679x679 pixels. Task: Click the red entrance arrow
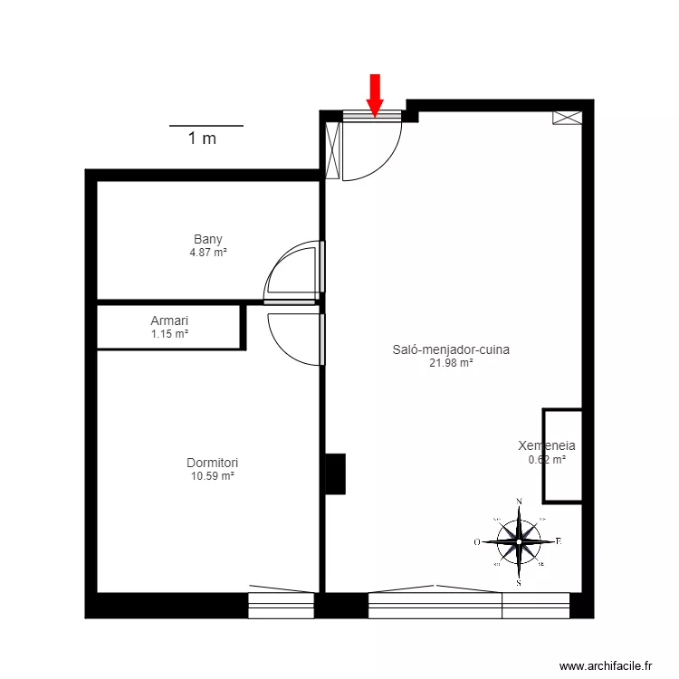(x=375, y=93)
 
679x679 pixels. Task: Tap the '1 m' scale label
(x=202, y=139)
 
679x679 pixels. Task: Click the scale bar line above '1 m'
(x=206, y=125)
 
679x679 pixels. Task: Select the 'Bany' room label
(x=207, y=240)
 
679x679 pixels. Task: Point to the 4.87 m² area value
(x=207, y=253)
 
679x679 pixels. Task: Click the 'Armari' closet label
(x=169, y=320)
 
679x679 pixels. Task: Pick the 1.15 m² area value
(x=169, y=333)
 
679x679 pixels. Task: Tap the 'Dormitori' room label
(x=213, y=463)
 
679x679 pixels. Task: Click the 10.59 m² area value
(x=213, y=475)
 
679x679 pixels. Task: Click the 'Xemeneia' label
(x=547, y=446)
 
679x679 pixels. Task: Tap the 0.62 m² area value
(x=547, y=460)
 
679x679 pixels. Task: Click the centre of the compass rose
(x=519, y=541)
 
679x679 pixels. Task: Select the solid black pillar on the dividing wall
(x=335, y=473)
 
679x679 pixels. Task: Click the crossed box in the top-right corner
(x=568, y=118)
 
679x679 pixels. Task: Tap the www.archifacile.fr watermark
(x=606, y=665)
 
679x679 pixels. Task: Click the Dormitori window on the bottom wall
(x=281, y=605)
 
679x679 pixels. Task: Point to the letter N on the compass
(x=519, y=501)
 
